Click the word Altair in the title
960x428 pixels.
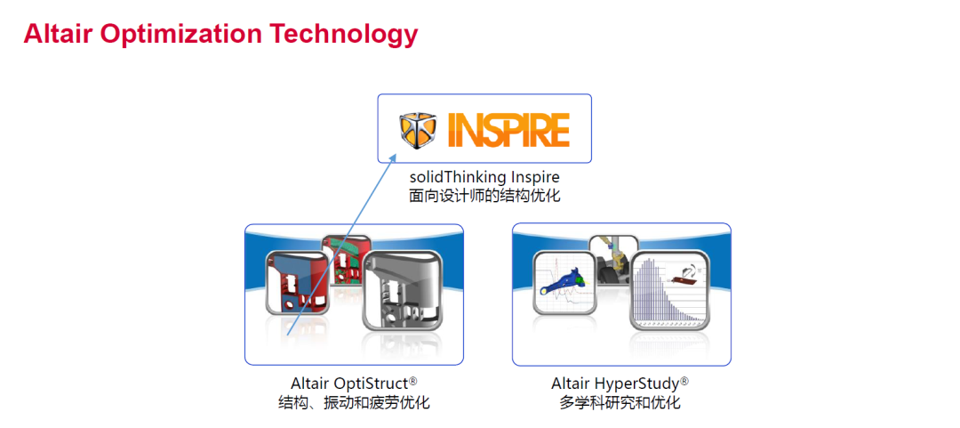click(x=58, y=34)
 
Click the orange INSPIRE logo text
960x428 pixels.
click(x=508, y=129)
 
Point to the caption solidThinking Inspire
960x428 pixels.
click(x=484, y=178)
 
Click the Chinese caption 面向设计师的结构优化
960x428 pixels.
click(x=484, y=198)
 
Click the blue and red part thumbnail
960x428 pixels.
click(x=297, y=283)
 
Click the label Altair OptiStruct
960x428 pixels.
click(x=349, y=384)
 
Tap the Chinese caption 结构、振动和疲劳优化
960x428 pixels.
click(x=353, y=403)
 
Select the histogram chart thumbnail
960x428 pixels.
click(x=670, y=290)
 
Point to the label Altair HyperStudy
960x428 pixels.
click(x=615, y=384)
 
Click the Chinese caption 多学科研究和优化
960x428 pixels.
click(x=620, y=403)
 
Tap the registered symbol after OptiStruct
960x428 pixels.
click(x=413, y=382)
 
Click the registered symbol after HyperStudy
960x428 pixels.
click(x=684, y=382)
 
